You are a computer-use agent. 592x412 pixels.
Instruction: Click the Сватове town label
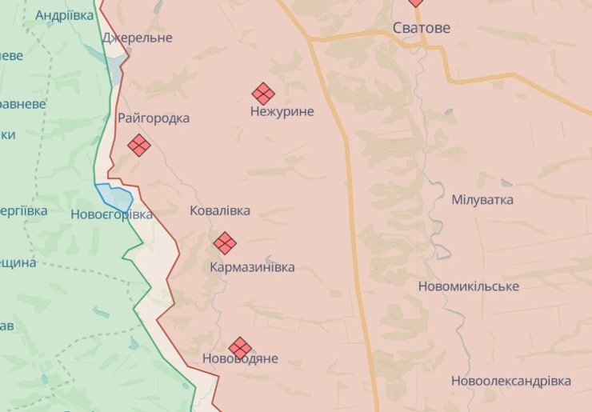pyautogui.click(x=422, y=28)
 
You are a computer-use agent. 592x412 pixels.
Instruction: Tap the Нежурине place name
pyautogui.click(x=282, y=112)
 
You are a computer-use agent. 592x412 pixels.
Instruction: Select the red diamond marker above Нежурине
pyautogui.click(x=263, y=94)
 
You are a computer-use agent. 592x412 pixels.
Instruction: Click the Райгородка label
pyautogui.click(x=154, y=118)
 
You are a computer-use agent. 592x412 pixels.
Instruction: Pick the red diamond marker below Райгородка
pyautogui.click(x=139, y=146)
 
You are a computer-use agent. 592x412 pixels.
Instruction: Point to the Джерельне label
pyautogui.click(x=138, y=38)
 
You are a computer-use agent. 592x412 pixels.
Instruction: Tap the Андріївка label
pyautogui.click(x=65, y=14)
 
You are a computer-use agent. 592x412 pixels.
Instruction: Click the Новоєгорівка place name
pyautogui.click(x=111, y=214)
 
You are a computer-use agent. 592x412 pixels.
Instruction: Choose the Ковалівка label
pyautogui.click(x=220, y=211)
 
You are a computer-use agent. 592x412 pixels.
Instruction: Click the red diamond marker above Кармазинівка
pyautogui.click(x=225, y=243)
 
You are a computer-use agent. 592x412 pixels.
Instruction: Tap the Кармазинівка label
pyautogui.click(x=253, y=267)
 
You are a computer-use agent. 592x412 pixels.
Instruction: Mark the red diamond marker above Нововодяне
pyautogui.click(x=240, y=348)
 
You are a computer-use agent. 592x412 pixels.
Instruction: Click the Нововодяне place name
pyautogui.click(x=240, y=358)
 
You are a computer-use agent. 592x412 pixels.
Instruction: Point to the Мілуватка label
pyautogui.click(x=482, y=200)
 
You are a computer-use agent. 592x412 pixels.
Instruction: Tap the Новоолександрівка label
pyautogui.click(x=511, y=381)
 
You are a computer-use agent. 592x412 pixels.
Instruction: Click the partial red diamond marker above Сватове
pyautogui.click(x=416, y=2)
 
